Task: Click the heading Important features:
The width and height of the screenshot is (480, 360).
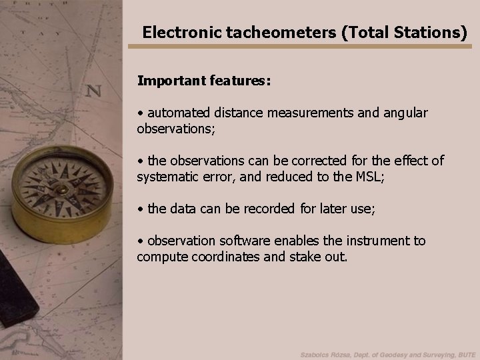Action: pyautogui.click(x=203, y=81)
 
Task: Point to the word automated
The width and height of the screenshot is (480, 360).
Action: pyautogui.click(x=179, y=113)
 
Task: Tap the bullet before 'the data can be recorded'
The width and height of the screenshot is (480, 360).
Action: pyautogui.click(x=140, y=209)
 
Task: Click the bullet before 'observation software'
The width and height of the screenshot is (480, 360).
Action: pyautogui.click(x=140, y=241)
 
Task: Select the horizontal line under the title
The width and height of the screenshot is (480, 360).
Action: pyautogui.click(x=300, y=46)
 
